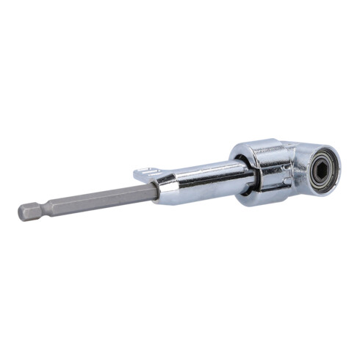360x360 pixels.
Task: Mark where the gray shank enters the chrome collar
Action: click(x=156, y=190)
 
